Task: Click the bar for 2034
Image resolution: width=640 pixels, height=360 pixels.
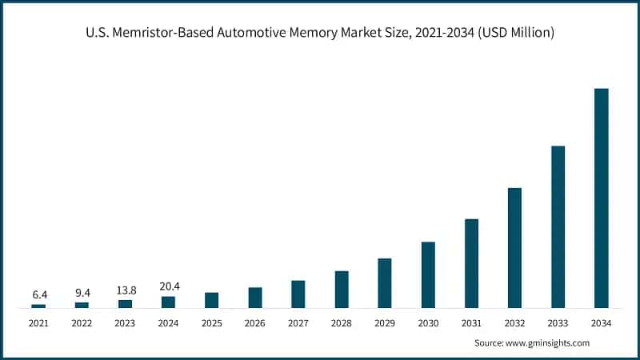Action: point(601,198)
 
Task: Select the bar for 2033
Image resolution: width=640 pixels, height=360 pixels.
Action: point(558,227)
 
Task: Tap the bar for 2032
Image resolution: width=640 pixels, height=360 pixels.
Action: point(514,248)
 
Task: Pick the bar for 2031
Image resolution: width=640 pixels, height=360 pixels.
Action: point(471,263)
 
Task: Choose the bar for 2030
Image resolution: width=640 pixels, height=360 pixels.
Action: point(428,275)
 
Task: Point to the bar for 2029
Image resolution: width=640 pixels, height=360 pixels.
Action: point(385,283)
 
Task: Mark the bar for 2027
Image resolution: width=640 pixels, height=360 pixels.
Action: point(298,294)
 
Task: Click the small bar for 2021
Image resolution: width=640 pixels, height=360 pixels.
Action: point(38,306)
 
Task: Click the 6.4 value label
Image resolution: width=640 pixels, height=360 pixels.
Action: point(38,294)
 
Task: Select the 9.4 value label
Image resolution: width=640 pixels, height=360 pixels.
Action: point(82,293)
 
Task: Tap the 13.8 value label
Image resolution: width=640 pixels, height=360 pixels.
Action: point(125,290)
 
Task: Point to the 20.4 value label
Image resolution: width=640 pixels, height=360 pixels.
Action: point(168,286)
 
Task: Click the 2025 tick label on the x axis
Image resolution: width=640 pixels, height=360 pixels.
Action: point(211,323)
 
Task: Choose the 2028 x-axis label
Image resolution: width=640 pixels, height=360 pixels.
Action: point(342,323)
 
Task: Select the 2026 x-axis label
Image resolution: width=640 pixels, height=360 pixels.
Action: point(254,323)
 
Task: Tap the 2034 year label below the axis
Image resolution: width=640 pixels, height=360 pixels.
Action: point(601,323)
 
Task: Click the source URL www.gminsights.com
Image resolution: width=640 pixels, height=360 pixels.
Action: point(547,342)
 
